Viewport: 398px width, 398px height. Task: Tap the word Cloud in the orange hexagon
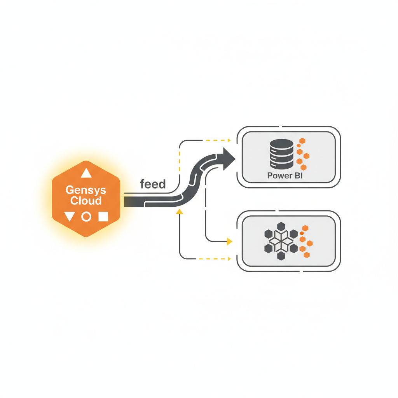pos(86,201)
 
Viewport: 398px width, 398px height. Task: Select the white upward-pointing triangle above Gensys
pos(86,173)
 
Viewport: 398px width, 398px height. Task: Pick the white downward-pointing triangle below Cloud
pos(69,216)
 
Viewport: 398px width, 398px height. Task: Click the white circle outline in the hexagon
pos(86,216)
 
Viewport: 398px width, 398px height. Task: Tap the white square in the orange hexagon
pos(103,216)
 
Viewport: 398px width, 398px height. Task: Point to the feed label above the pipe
pos(153,184)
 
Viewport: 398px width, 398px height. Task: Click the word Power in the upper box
pos(279,175)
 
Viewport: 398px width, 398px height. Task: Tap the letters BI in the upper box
pos(298,175)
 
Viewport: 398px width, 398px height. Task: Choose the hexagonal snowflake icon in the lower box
pos(281,241)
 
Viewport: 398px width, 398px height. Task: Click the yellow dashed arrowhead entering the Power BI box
pos(229,140)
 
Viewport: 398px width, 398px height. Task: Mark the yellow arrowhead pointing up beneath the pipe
pos(179,212)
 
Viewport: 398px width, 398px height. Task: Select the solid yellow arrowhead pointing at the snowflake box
pos(229,242)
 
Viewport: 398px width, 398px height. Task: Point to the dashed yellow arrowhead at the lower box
pos(230,258)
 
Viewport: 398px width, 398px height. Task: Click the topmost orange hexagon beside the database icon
pos(302,141)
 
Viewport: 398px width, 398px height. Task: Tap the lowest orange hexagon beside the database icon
pos(304,168)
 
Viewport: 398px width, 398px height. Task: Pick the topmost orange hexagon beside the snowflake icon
pos(305,228)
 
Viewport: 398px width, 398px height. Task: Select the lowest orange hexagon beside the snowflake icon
pos(307,255)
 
